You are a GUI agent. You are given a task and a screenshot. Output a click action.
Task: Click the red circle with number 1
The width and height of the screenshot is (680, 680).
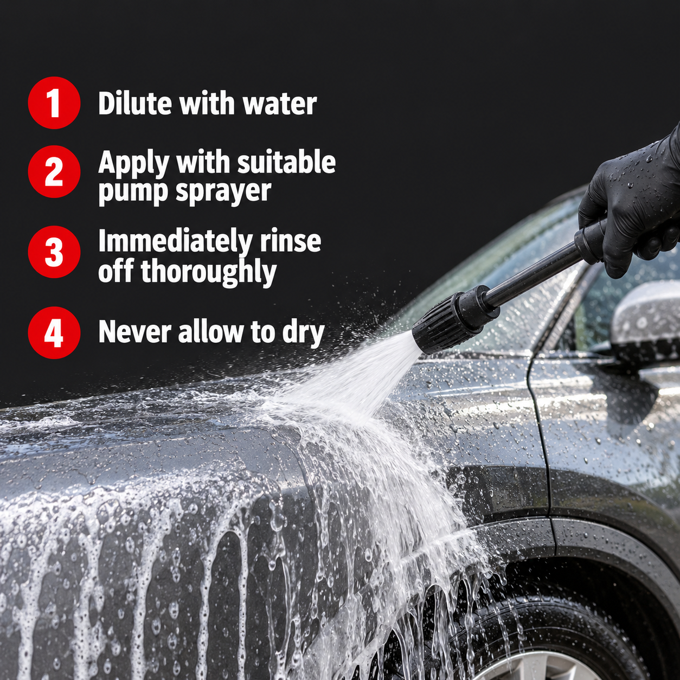pyautogui.click(x=54, y=102)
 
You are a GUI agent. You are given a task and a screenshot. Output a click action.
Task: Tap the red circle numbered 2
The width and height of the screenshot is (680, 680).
pyautogui.click(x=54, y=171)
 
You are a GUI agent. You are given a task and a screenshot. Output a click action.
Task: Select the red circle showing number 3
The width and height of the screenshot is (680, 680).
pyautogui.click(x=54, y=252)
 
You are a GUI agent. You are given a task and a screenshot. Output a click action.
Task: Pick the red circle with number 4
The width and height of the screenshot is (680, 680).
pyautogui.click(x=54, y=332)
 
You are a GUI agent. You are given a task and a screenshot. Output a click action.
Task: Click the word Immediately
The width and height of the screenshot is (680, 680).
pyautogui.click(x=175, y=241)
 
